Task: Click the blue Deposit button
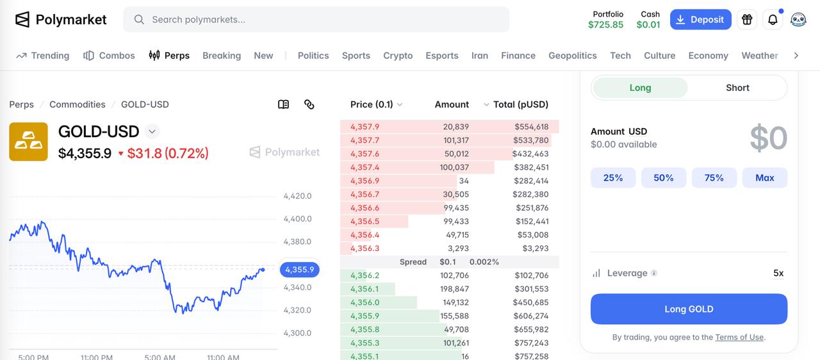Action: coord(700,19)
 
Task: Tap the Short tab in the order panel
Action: coord(737,88)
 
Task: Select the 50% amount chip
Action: coord(663,178)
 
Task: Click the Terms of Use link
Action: coord(739,337)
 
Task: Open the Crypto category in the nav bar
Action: coord(398,56)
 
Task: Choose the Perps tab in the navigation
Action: coord(169,56)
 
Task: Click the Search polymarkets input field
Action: coord(316,19)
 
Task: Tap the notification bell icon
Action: coord(773,19)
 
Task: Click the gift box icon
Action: coord(747,19)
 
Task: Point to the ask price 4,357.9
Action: coord(365,127)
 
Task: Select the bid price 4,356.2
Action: coord(365,275)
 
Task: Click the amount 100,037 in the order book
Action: coord(454,167)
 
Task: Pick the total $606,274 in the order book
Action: coord(531,316)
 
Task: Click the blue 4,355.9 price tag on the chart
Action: coord(299,270)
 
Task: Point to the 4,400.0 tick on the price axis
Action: coord(297,219)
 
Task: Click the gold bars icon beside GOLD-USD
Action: coord(29,142)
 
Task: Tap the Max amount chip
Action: coord(764,178)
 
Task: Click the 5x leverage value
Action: coord(778,274)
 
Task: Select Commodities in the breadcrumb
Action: coord(78,104)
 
